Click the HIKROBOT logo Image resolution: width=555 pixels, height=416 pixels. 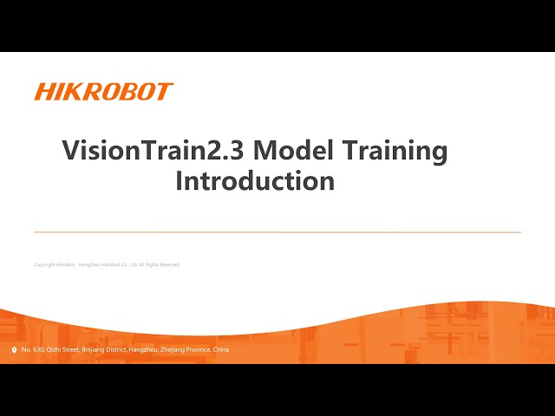coord(103,92)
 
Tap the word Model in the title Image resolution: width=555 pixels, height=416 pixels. coord(291,151)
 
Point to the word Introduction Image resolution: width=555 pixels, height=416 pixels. coord(255,181)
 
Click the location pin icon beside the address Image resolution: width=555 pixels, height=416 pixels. coord(14,350)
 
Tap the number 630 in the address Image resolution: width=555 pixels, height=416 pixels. coord(39,349)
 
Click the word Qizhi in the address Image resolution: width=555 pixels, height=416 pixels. coord(54,349)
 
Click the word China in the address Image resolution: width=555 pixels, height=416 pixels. coord(221,349)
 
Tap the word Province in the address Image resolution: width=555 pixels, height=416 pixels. coord(199,349)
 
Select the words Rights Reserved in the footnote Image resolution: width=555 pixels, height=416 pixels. coord(164,264)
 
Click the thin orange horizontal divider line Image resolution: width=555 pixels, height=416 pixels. coord(277,232)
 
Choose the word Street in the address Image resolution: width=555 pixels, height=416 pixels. coord(71,349)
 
